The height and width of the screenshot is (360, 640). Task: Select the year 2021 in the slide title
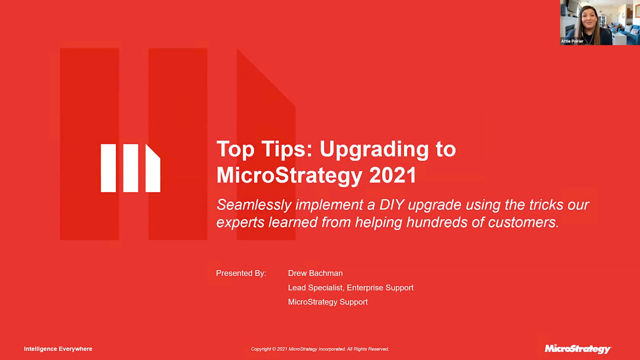pos(393,175)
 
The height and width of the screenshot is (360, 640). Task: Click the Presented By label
pos(241,273)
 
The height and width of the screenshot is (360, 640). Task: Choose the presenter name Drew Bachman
pos(315,273)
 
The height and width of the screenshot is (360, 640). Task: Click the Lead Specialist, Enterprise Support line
pos(350,287)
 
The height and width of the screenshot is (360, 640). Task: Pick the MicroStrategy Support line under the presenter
pos(327,302)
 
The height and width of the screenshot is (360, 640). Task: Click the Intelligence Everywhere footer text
pos(58,349)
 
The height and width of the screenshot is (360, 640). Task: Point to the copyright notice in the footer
pos(320,349)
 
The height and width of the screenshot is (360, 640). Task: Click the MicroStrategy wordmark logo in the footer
pos(578,349)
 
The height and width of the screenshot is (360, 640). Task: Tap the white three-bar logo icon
pos(131,168)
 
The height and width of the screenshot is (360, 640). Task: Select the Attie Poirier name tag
pos(572,41)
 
